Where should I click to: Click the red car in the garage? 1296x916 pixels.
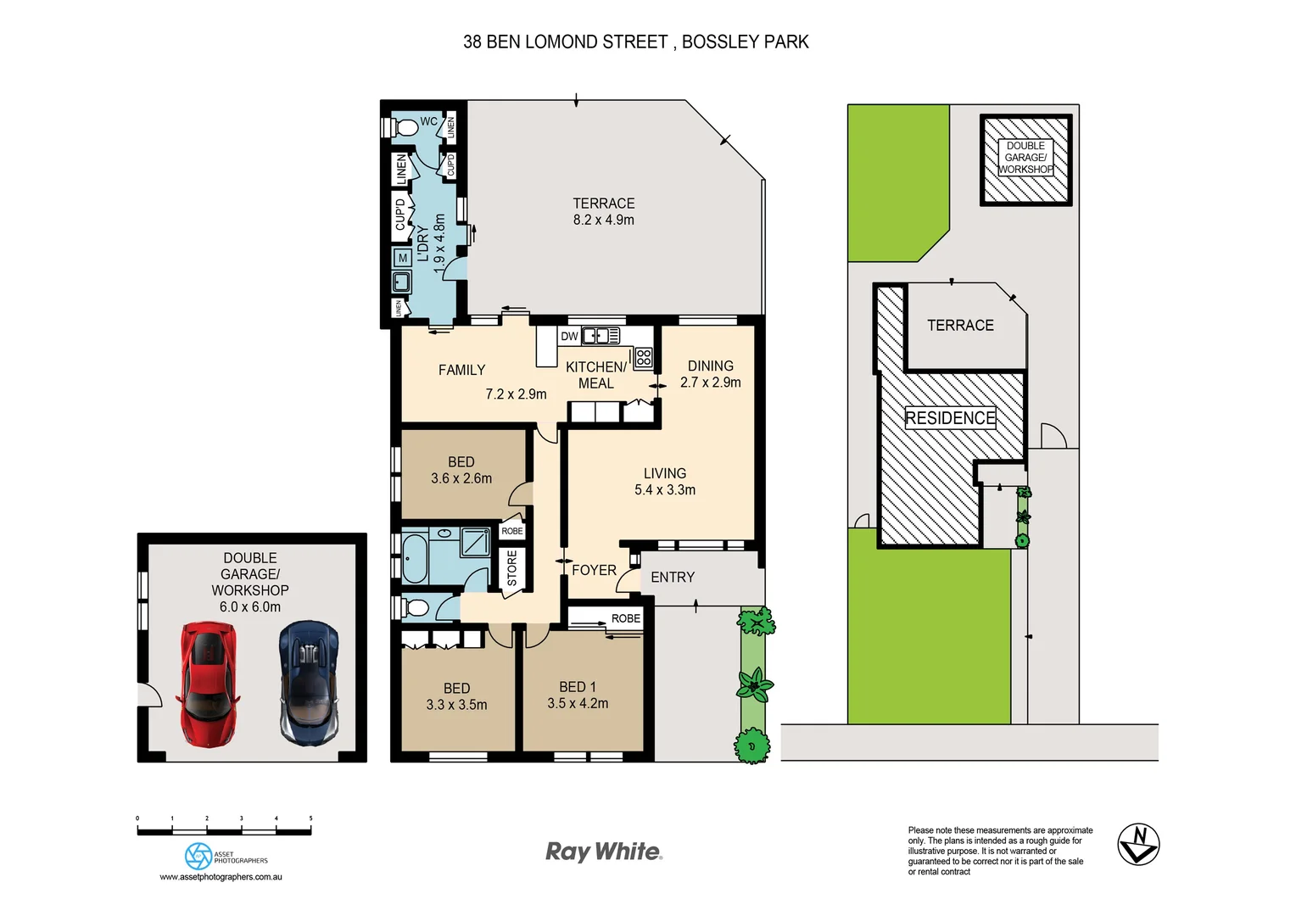pos(206,684)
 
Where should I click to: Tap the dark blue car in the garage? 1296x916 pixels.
pos(309,684)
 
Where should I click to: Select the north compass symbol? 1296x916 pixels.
pos(1137,844)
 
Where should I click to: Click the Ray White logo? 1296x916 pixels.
pos(603,852)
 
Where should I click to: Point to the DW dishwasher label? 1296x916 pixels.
pos(569,337)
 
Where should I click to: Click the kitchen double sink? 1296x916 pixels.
pos(600,336)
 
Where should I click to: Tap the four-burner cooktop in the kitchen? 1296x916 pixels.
pos(644,357)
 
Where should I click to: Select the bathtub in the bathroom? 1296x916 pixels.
pos(415,556)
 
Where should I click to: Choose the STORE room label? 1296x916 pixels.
pos(511,568)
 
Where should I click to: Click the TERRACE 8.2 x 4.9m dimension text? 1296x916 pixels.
pos(603,220)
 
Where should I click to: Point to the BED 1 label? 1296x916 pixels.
pos(578,687)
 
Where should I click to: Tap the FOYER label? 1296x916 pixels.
pos(594,570)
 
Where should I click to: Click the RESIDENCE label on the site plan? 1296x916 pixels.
pos(950,418)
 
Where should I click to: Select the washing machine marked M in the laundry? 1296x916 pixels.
pos(403,258)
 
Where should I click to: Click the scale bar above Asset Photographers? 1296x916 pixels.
pos(224,831)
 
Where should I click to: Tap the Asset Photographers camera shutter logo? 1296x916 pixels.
pos(198,857)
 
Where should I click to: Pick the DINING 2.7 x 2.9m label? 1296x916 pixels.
pos(710,374)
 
